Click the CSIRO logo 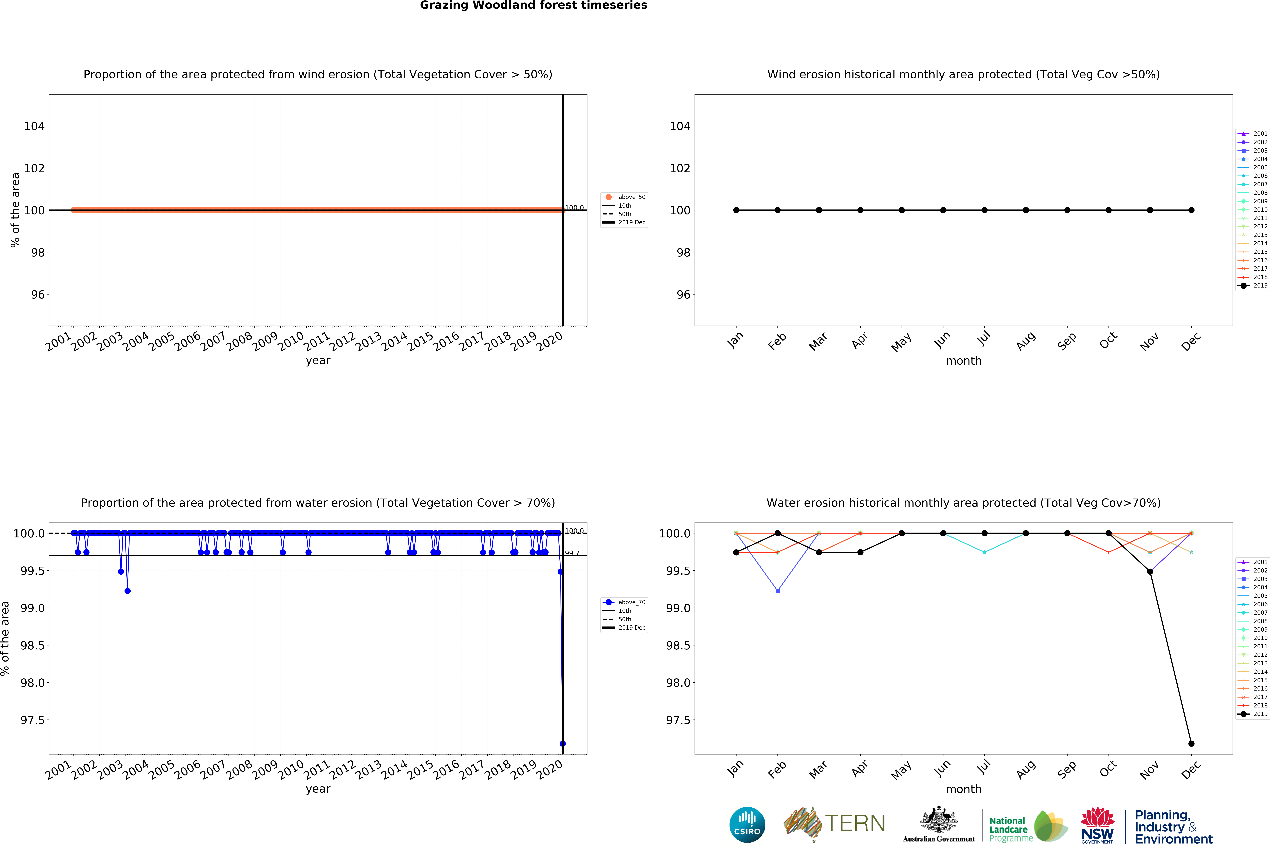pos(747,825)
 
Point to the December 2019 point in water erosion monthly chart pos(1191,743)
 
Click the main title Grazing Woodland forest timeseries pos(533,6)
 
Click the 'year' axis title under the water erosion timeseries pos(318,789)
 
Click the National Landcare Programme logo pos(1027,826)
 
